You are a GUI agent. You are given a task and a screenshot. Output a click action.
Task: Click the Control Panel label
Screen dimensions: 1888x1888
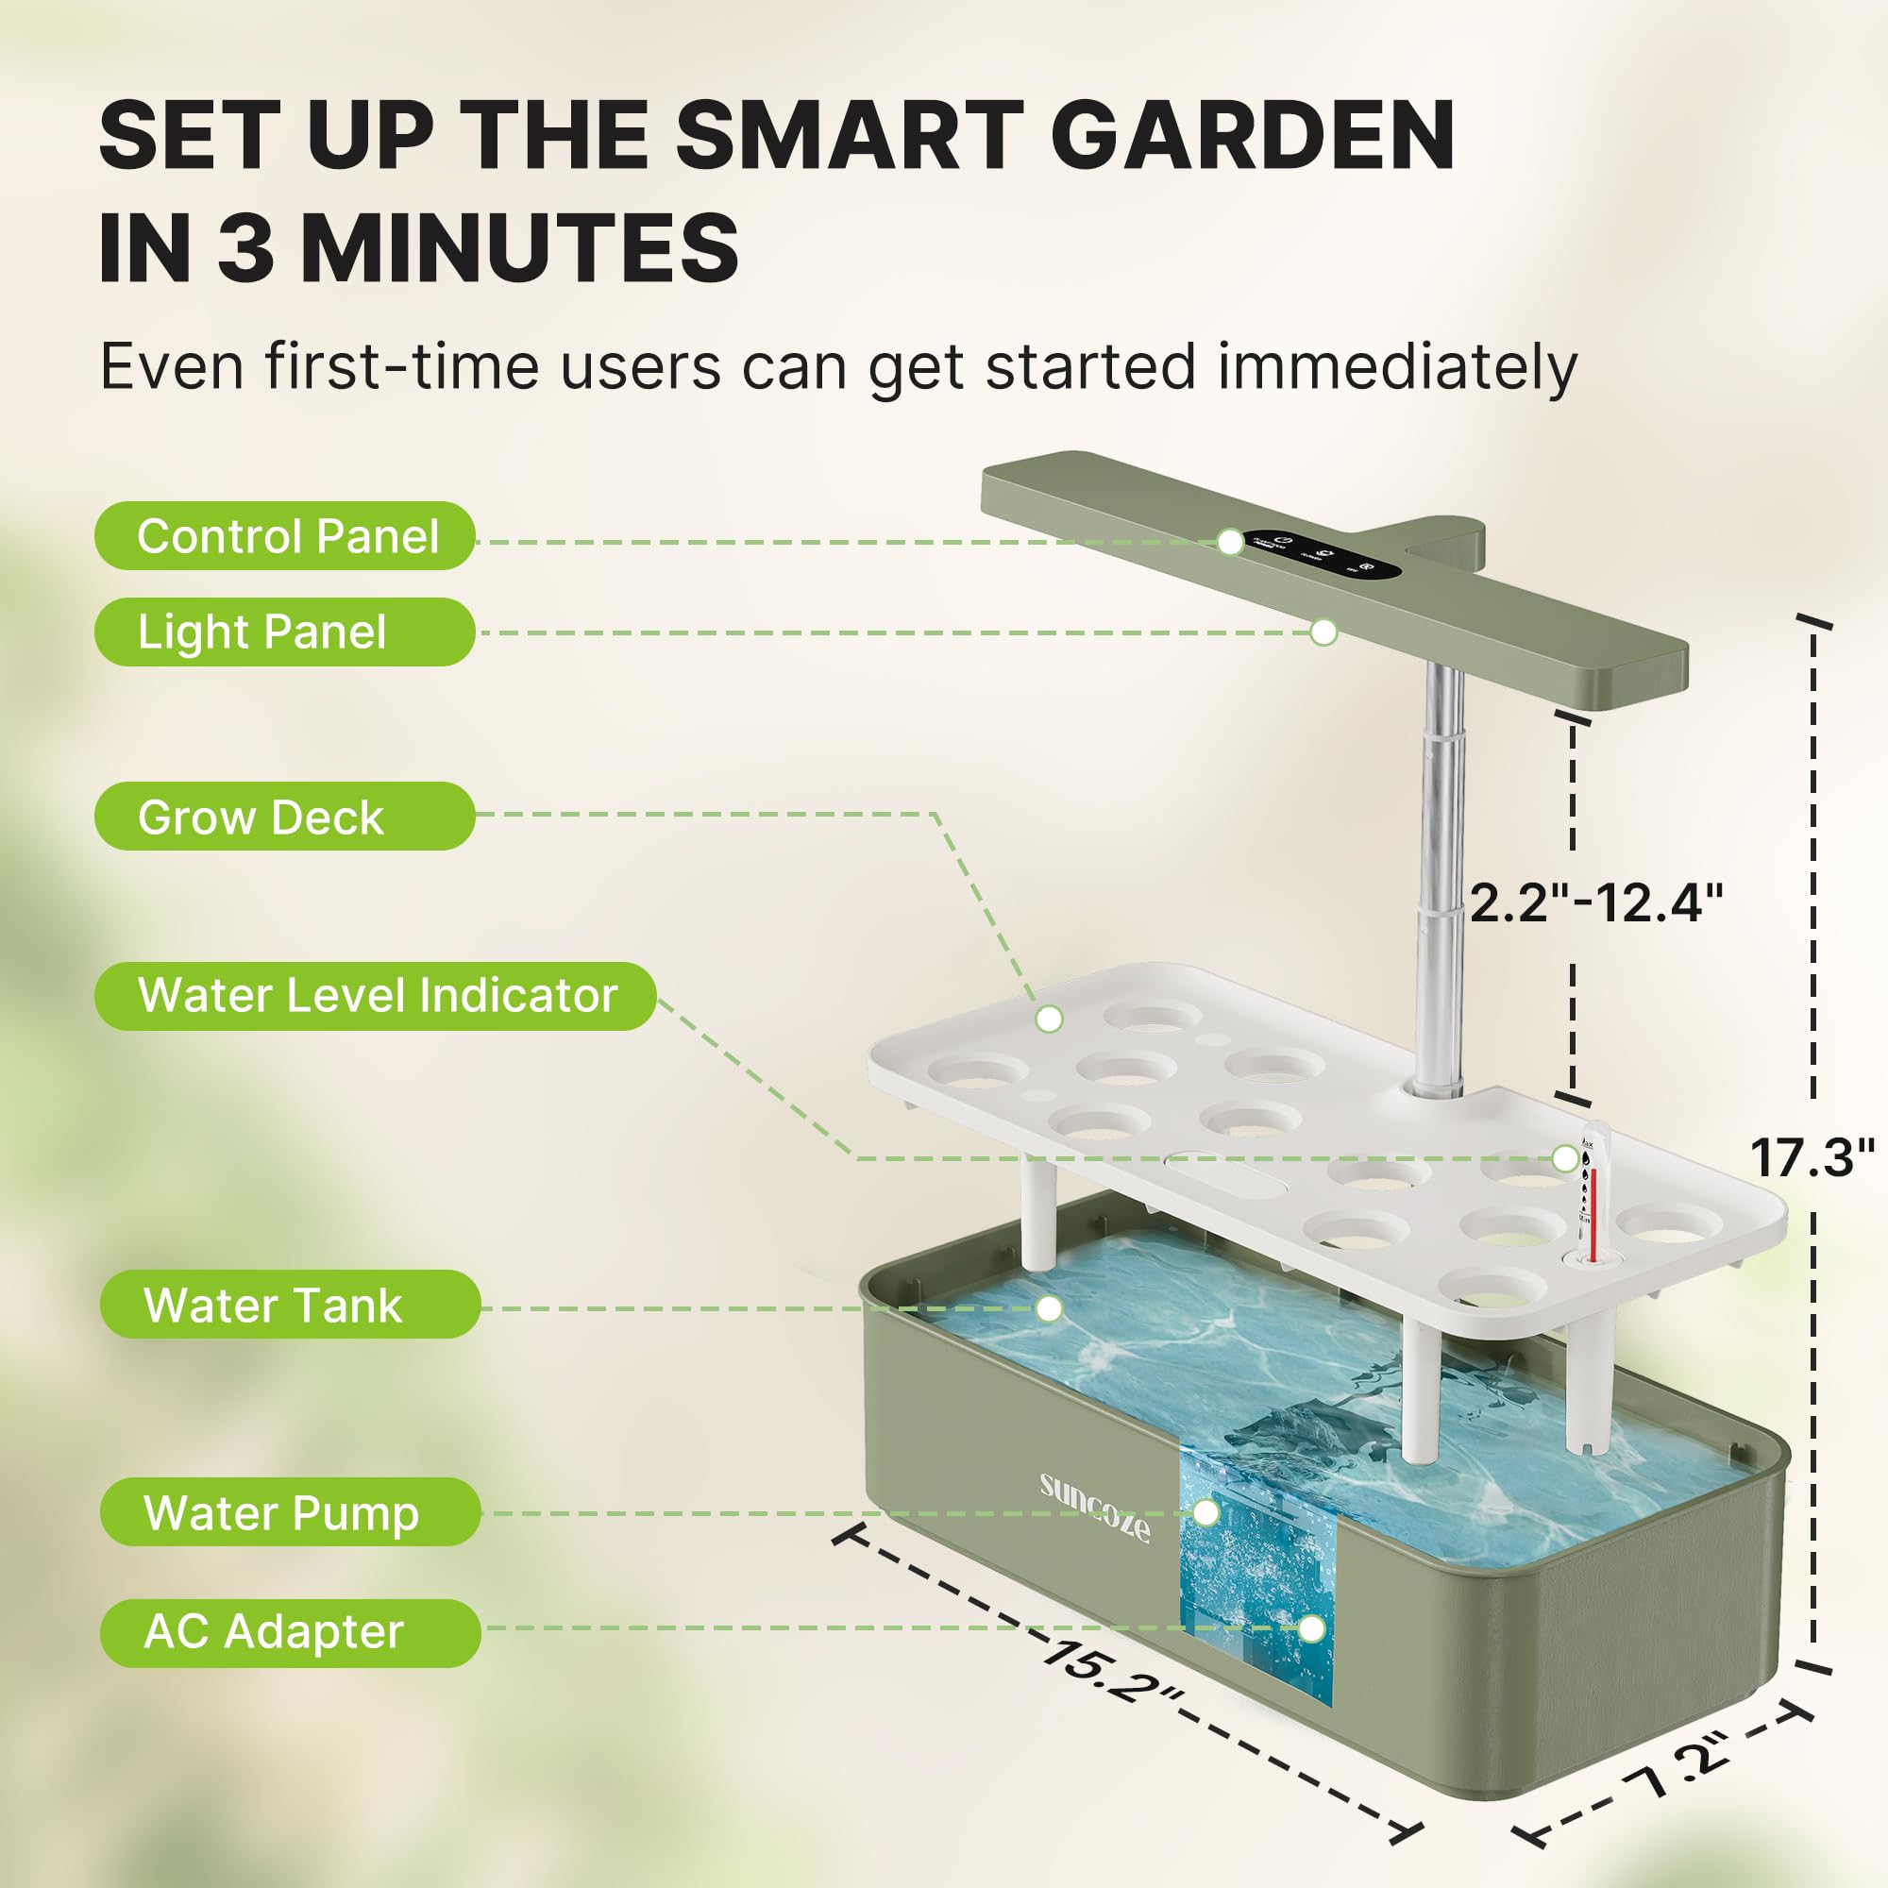click(x=285, y=536)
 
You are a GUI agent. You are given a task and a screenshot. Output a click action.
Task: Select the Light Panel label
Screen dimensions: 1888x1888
click(x=283, y=632)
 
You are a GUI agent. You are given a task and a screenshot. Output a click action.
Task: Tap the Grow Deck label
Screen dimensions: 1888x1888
click(x=283, y=817)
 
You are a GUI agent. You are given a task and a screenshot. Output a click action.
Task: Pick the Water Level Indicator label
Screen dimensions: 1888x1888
click(x=377, y=996)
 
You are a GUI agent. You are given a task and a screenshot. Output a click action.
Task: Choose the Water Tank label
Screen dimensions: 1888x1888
click(x=289, y=1305)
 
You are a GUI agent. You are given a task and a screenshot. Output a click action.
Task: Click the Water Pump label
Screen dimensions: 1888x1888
click(x=289, y=1512)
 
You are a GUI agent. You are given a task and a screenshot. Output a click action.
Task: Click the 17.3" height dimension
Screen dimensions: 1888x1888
click(x=1811, y=1158)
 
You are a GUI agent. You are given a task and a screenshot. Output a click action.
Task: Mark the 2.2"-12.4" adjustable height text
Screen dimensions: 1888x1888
click(x=1594, y=902)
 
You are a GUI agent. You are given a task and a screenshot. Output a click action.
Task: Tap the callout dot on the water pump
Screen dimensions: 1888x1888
click(x=1206, y=1512)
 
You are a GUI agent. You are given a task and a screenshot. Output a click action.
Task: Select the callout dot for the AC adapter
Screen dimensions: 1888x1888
click(x=1311, y=1629)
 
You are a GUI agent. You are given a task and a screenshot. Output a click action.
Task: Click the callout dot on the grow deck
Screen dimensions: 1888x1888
click(x=1049, y=1020)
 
